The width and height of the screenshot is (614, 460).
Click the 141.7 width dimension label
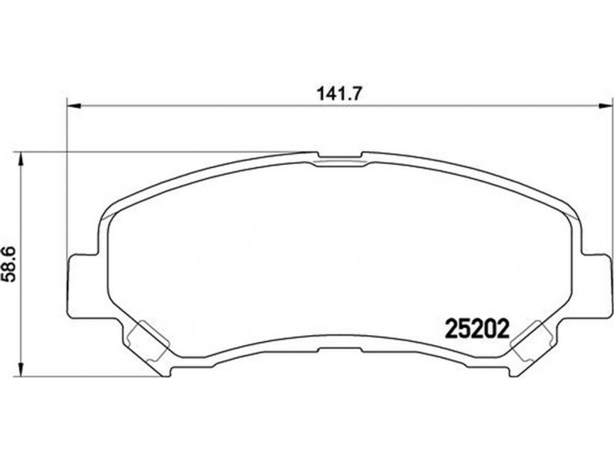click(x=338, y=94)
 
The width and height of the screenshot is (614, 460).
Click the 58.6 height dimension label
click(x=8, y=264)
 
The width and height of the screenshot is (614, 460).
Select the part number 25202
click(x=477, y=330)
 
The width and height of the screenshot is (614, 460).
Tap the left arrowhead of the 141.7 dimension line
click(x=74, y=106)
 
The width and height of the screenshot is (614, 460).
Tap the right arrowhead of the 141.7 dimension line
click(x=604, y=106)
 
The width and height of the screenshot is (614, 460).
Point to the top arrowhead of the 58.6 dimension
click(x=21, y=159)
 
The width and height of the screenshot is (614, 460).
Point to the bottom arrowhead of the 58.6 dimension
click(x=21, y=370)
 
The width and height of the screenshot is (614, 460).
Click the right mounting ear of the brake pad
click(x=596, y=285)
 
